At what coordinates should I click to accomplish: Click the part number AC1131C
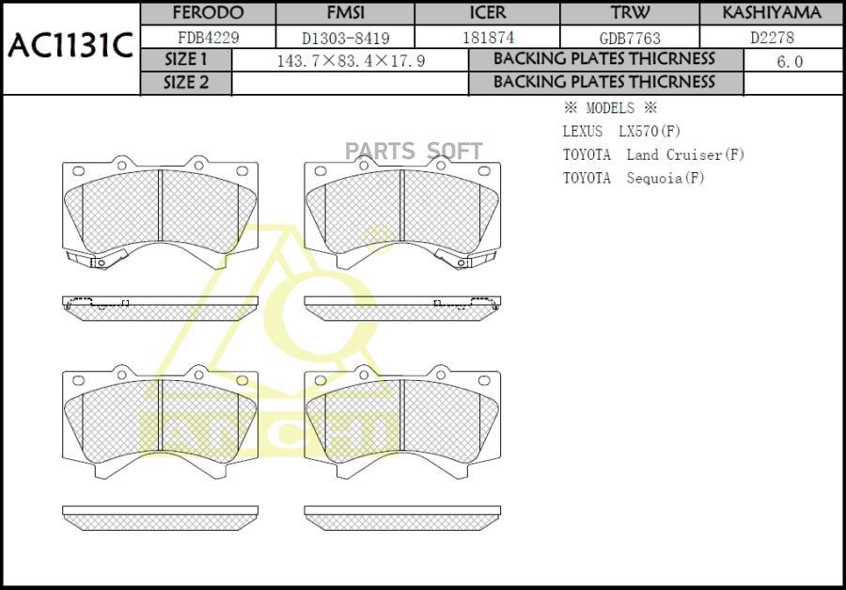pyautogui.click(x=70, y=47)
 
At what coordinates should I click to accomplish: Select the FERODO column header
pyautogui.click(x=208, y=12)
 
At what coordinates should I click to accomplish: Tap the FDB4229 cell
pyautogui.click(x=209, y=38)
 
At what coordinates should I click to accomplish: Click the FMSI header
pyautogui.click(x=345, y=12)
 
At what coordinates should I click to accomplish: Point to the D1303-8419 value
pyautogui.click(x=345, y=38)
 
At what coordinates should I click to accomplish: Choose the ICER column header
pyautogui.click(x=488, y=12)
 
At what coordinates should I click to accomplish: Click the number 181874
pyautogui.click(x=488, y=38)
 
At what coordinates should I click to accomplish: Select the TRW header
pyautogui.click(x=630, y=12)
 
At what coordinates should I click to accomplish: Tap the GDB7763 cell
pyautogui.click(x=630, y=39)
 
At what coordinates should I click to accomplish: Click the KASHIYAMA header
pyautogui.click(x=772, y=12)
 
